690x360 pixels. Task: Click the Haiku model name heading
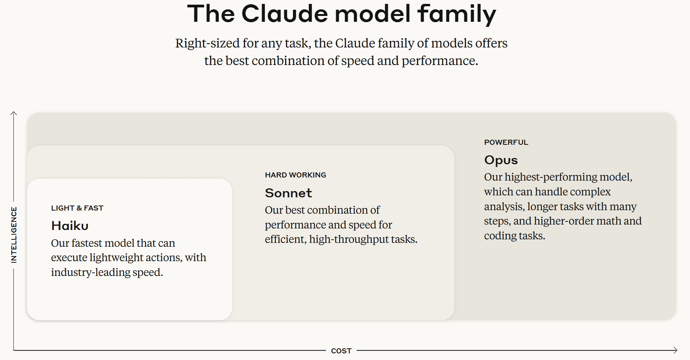70,226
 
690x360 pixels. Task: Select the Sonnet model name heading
288,193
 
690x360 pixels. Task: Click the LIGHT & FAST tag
77,208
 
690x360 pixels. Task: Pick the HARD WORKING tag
296,175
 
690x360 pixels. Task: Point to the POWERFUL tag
506,142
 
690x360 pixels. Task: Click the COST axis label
341,351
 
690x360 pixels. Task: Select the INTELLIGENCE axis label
14,235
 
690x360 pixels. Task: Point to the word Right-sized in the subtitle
207,43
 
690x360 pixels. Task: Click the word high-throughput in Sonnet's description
349,239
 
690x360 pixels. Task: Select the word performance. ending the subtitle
440,61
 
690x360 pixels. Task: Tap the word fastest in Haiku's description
87,243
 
